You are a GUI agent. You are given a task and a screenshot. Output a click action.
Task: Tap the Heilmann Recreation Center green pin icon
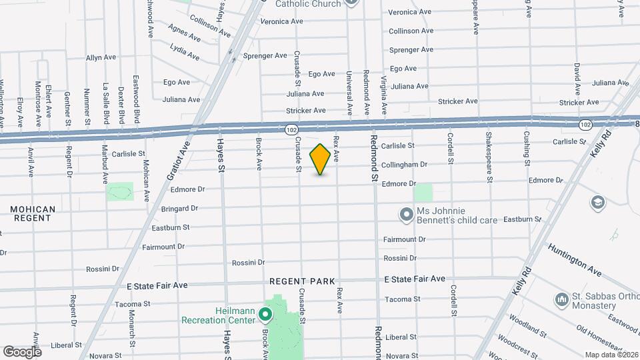point(266,313)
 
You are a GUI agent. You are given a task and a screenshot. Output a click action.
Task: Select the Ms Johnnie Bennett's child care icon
point(406,215)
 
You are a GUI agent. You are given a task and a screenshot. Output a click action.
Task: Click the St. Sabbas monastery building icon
point(561,301)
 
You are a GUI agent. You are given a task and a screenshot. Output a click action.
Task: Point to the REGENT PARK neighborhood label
point(302,282)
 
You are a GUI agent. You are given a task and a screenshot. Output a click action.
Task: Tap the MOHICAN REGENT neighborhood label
point(32,213)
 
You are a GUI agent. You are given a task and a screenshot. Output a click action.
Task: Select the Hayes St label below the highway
point(221,156)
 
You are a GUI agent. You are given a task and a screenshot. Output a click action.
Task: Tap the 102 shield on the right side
point(585,125)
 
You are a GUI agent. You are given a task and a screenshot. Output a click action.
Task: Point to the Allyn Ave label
point(102,58)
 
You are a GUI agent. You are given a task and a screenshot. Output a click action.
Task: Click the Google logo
point(21,351)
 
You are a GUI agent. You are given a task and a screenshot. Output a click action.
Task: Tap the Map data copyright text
point(611,355)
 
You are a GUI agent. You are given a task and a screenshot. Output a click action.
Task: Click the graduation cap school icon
point(598,202)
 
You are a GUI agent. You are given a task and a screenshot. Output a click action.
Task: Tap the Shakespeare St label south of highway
point(489,158)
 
